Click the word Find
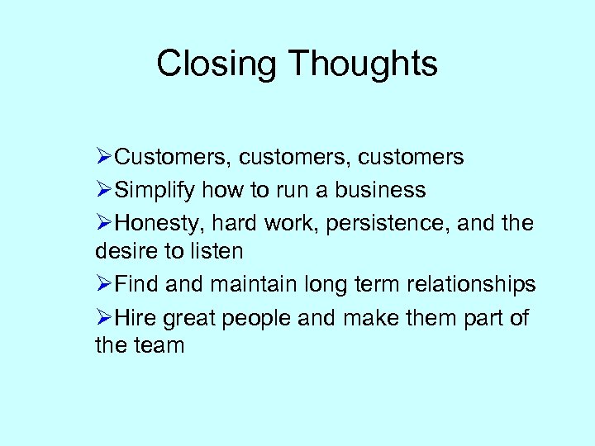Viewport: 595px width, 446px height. [137, 285]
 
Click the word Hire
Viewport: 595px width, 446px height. [136, 318]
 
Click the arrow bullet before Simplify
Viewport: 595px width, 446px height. [103, 191]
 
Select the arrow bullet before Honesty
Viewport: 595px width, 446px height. [103, 224]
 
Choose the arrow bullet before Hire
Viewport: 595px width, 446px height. [103, 318]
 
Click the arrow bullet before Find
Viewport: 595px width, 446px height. [103, 285]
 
